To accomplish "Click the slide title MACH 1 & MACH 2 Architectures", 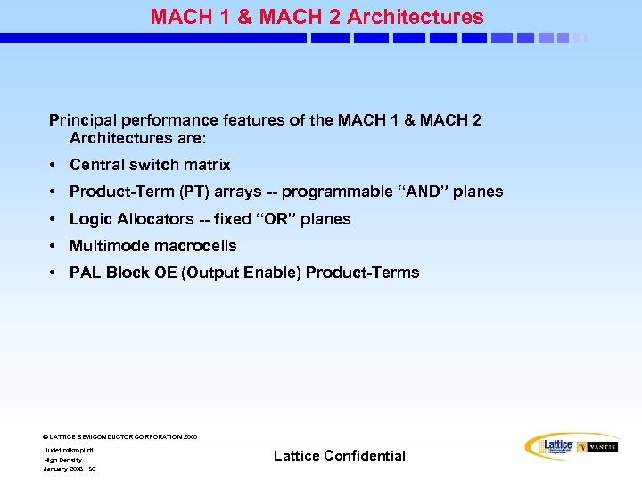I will pyautogui.click(x=317, y=17).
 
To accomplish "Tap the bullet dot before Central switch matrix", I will pyautogui.click(x=54, y=166).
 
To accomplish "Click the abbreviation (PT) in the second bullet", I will pyautogui.click(x=195, y=192).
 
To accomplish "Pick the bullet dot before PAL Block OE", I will pyautogui.click(x=54, y=273).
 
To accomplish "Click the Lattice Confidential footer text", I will pyautogui.click(x=339, y=456).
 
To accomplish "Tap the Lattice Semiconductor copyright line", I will pyautogui.click(x=120, y=437).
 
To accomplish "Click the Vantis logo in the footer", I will pyautogui.click(x=597, y=447).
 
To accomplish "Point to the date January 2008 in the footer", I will pyautogui.click(x=63, y=469).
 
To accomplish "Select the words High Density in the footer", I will pyautogui.click(x=62, y=460).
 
